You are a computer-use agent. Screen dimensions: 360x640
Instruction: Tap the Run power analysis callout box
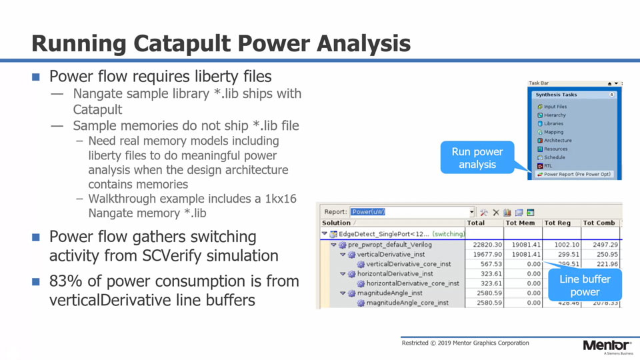coord(477,158)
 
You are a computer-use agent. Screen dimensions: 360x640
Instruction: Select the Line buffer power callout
coord(584,285)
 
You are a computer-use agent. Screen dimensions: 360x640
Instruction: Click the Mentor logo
coord(606,345)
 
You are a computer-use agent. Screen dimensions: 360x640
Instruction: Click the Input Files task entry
coord(555,107)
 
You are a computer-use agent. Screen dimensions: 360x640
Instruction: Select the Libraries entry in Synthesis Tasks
coord(553,123)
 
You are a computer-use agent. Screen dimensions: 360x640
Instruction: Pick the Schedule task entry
coord(554,157)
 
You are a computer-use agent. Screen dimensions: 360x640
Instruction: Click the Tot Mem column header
coord(520,223)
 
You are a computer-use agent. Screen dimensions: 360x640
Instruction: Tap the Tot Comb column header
coord(598,223)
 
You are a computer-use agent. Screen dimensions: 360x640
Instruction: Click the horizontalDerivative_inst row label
coord(395,273)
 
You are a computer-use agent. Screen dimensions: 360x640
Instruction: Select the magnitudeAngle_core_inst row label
coord(407,303)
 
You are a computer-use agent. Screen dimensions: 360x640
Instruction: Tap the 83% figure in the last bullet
coord(64,281)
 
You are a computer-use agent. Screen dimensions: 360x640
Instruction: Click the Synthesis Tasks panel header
coord(556,95)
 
